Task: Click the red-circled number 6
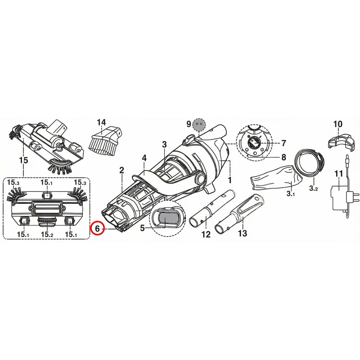click(97, 229)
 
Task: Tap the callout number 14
click(102, 122)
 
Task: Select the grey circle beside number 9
click(199, 124)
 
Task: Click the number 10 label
click(338, 124)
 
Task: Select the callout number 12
click(206, 234)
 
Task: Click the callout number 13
click(243, 233)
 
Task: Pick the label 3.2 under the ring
click(313, 188)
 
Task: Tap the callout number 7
click(284, 143)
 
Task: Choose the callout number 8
click(284, 157)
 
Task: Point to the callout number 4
click(144, 158)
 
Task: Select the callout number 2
click(121, 170)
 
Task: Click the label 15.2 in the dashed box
click(47, 234)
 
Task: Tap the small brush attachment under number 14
click(106, 140)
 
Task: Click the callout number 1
click(229, 180)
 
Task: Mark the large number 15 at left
click(23, 160)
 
